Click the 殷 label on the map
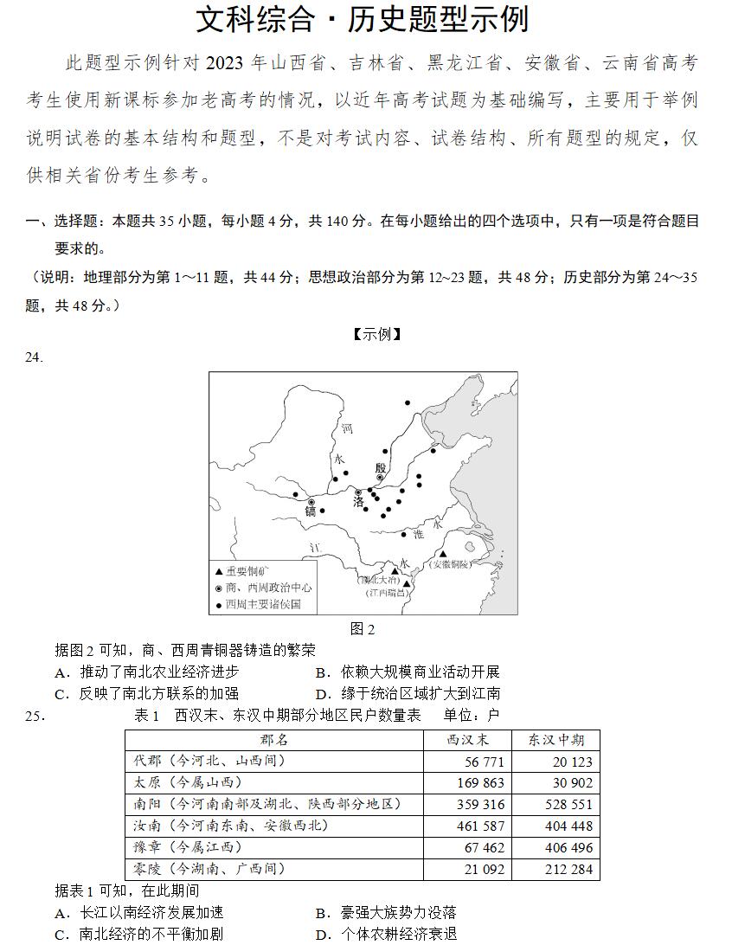click(x=380, y=468)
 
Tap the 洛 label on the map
click(x=358, y=502)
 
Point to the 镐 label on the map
click(x=311, y=511)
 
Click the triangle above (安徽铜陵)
click(x=443, y=554)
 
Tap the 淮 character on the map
click(x=418, y=535)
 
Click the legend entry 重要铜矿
click(x=247, y=571)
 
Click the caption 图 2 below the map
click(x=363, y=629)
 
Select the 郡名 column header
click(x=273, y=740)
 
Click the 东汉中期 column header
click(x=555, y=740)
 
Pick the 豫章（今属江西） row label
click(x=188, y=847)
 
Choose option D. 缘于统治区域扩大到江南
click(x=408, y=693)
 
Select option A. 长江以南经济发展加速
click(x=139, y=912)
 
